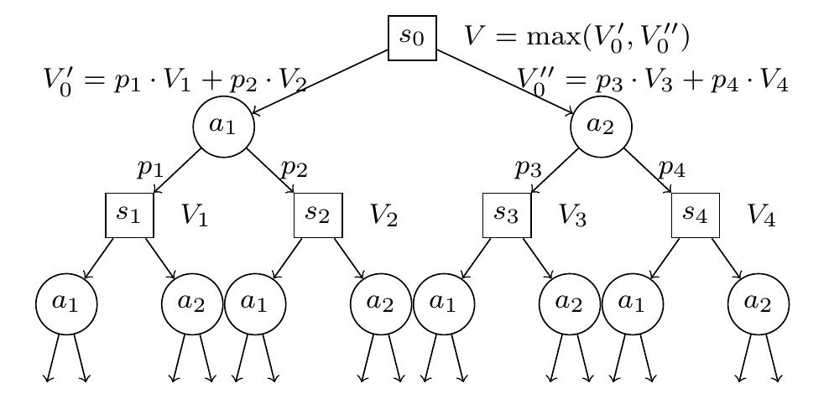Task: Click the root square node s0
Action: coord(412,39)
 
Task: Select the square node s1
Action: coord(129,215)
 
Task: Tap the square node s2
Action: coord(318,215)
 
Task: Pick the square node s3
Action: coord(507,215)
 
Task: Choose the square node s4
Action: coord(696,215)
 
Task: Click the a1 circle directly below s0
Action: coord(223,127)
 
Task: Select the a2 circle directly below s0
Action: coord(601,127)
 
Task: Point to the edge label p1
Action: coord(150,168)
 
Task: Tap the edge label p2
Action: coord(295,168)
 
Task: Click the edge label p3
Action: coord(528,168)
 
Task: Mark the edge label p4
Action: coord(672,168)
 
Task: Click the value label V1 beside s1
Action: coord(195,216)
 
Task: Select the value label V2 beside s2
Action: coord(383,216)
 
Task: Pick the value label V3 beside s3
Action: coord(572,216)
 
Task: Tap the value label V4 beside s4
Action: coord(761,216)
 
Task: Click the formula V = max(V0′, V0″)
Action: coord(576,38)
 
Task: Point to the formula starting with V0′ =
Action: coord(175,82)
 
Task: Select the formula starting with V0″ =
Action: coord(653,82)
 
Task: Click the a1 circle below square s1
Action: coord(66,303)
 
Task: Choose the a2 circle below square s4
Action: coord(759,303)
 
